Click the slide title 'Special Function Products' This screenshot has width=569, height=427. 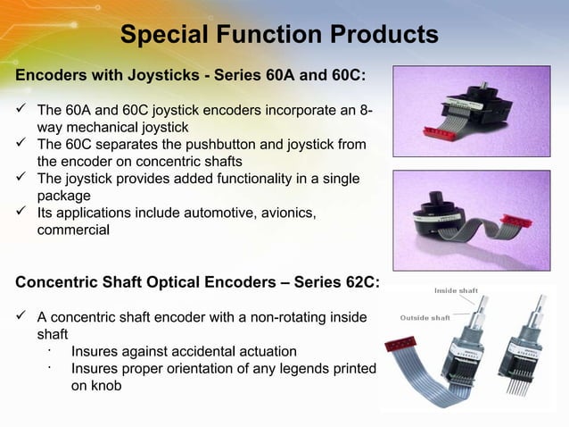pyautogui.click(x=279, y=36)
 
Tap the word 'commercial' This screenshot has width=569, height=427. pyautogui.click(x=73, y=230)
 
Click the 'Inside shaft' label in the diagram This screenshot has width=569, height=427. pyautogui.click(x=456, y=290)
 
